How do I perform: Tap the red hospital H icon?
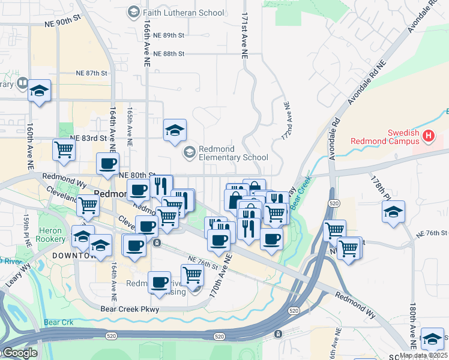(428, 136)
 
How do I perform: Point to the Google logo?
(19, 353)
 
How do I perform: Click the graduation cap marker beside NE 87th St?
(40, 91)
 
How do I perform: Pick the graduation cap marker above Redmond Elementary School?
(175, 130)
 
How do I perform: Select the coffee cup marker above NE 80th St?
(108, 164)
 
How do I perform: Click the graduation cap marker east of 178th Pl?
(393, 212)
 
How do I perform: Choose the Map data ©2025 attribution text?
(423, 355)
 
